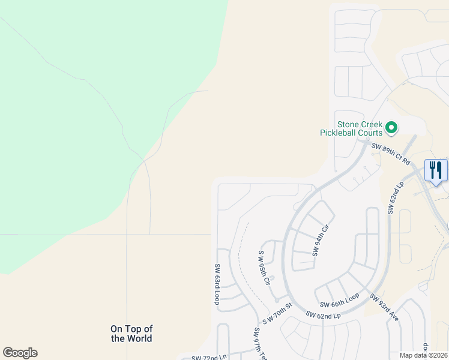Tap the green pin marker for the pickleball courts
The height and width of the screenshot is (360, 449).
click(391, 127)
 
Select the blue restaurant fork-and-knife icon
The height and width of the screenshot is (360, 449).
click(435, 170)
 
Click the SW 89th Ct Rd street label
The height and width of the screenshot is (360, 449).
click(390, 154)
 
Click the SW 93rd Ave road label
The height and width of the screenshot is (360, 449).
click(384, 307)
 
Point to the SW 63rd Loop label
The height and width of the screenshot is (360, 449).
click(217, 284)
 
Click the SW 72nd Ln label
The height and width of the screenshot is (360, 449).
click(209, 358)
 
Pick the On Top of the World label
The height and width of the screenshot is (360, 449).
click(131, 334)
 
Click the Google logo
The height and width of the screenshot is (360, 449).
click(20, 353)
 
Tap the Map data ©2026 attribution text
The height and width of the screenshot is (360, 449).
click(424, 355)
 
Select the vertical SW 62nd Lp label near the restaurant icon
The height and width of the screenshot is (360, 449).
click(391, 199)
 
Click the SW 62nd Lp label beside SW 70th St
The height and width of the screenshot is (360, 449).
click(322, 314)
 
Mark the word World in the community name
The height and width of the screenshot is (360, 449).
click(140, 338)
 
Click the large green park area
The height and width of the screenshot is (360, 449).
click(78, 120)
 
